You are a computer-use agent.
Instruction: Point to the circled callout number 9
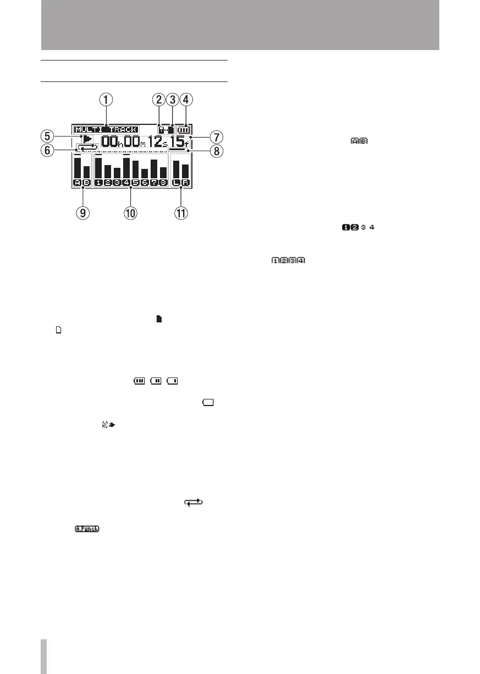pos(82,213)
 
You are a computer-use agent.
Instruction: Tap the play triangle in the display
pos(87,139)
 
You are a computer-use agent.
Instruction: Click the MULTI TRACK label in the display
pos(106,130)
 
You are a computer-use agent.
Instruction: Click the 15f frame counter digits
pos(180,141)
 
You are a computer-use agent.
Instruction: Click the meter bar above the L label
pos(175,170)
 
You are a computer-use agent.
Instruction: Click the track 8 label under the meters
pos(163,183)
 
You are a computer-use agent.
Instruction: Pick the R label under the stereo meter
pos(185,183)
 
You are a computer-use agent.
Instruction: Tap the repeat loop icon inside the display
pos(89,148)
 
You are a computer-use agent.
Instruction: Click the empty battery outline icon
pos(208,403)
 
